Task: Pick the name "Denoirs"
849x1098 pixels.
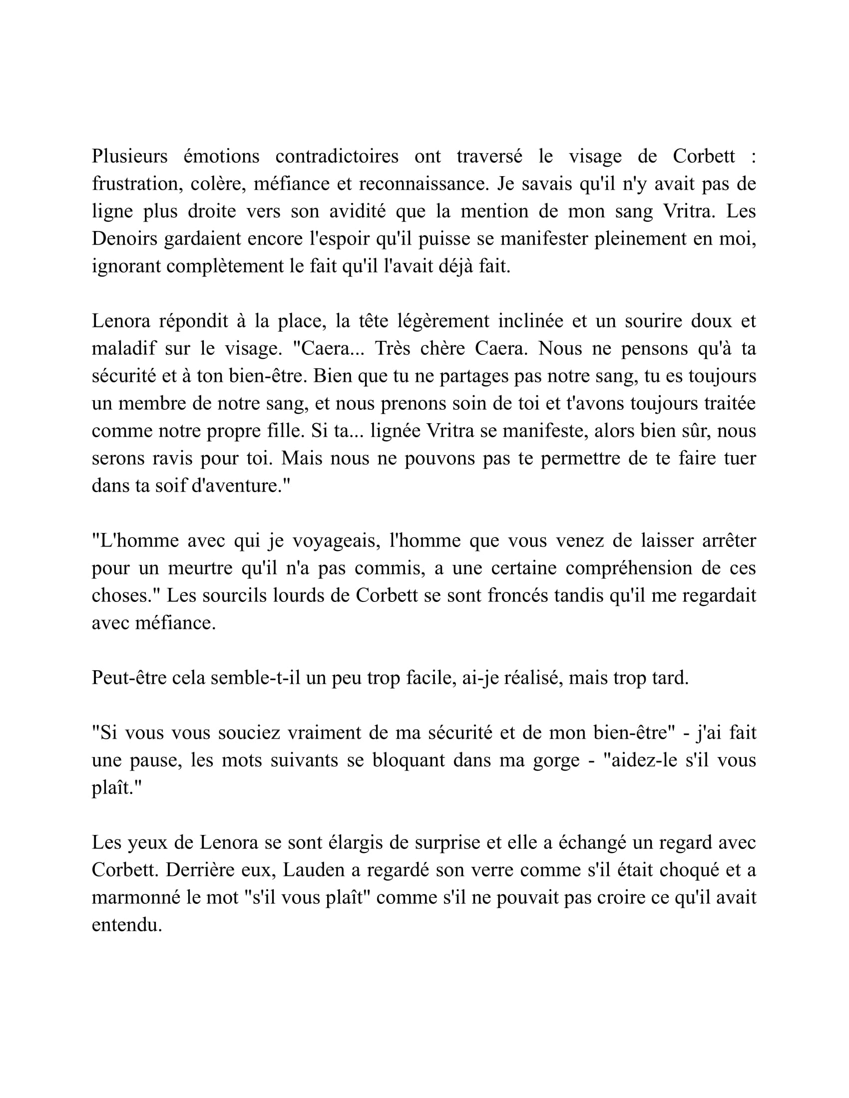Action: pyautogui.click(x=124, y=239)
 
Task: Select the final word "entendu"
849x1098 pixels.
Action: pyautogui.click(x=126, y=924)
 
